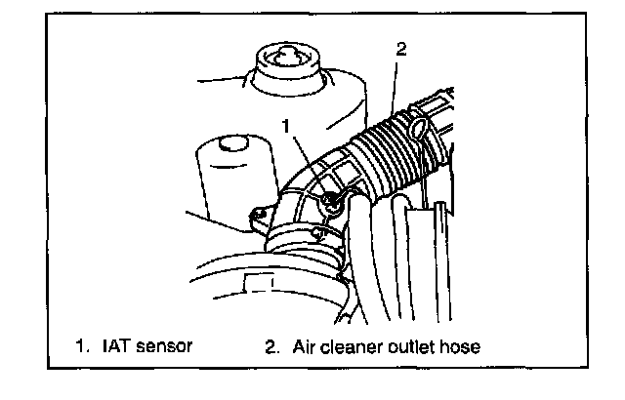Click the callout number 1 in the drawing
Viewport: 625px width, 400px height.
[x=286, y=125]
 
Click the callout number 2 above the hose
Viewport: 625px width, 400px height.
[x=401, y=48]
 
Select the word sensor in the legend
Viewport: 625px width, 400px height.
[x=167, y=345]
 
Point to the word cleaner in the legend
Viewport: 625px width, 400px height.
[x=355, y=345]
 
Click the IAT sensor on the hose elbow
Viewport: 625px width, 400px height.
[x=334, y=201]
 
